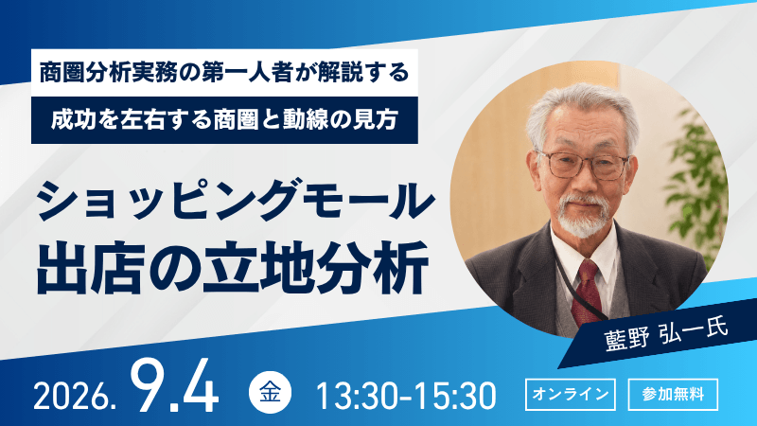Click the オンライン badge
pos(571,395)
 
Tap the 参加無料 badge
pos(673,395)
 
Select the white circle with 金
pos(270,392)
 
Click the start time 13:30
pos(356,397)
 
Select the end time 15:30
pos(456,397)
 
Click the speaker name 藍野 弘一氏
pos(666,333)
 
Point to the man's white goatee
pos(583,217)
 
